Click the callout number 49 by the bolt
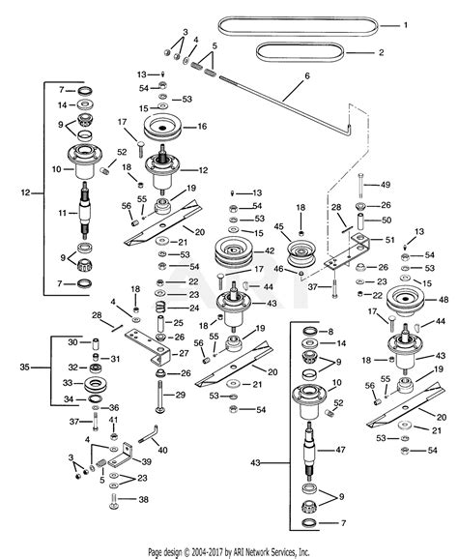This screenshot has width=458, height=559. coord(385,185)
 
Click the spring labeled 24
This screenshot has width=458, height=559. coord(162,308)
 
